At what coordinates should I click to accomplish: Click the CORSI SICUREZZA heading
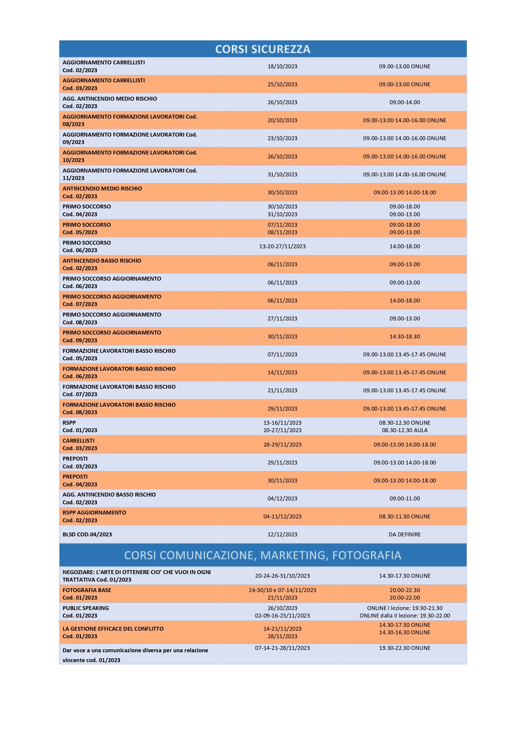263,49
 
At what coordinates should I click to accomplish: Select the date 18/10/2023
282,66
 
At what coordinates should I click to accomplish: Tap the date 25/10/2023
282,84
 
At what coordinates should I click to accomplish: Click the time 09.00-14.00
405,102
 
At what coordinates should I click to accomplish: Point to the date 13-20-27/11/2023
282,246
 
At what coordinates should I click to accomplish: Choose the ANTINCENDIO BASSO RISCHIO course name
102,261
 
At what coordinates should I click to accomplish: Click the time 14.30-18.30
405,337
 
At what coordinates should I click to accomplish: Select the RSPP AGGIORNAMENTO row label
94,513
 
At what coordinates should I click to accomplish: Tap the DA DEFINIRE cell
405,535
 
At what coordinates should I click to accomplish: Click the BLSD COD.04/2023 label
87,535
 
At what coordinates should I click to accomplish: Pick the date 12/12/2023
282,535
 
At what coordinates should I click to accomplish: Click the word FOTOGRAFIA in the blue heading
367,555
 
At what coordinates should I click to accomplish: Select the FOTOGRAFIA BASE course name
87,590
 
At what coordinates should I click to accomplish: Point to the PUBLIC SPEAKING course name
85,608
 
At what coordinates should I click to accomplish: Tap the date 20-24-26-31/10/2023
282,576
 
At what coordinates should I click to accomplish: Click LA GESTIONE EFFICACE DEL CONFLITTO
113,629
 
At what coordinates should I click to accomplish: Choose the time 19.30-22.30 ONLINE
405,648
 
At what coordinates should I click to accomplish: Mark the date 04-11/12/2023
282,517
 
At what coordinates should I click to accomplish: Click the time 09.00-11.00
405,499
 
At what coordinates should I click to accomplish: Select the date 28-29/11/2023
282,445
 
